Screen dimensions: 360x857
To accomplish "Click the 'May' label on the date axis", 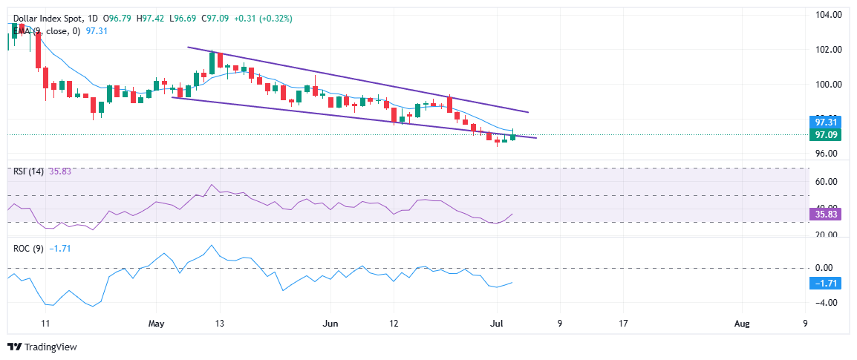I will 156,324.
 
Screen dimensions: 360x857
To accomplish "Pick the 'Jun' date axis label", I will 331,324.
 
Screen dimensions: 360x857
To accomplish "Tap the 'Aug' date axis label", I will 741,324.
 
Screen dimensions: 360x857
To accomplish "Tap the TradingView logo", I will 42,347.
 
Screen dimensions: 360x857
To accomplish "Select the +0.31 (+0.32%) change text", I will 261,18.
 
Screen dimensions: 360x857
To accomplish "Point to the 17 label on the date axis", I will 623,324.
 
